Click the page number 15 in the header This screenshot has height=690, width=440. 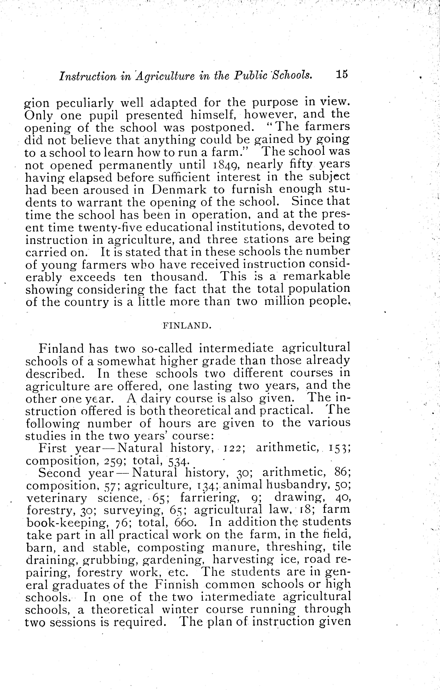click(x=340, y=75)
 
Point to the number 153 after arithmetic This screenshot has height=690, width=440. click(x=339, y=448)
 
